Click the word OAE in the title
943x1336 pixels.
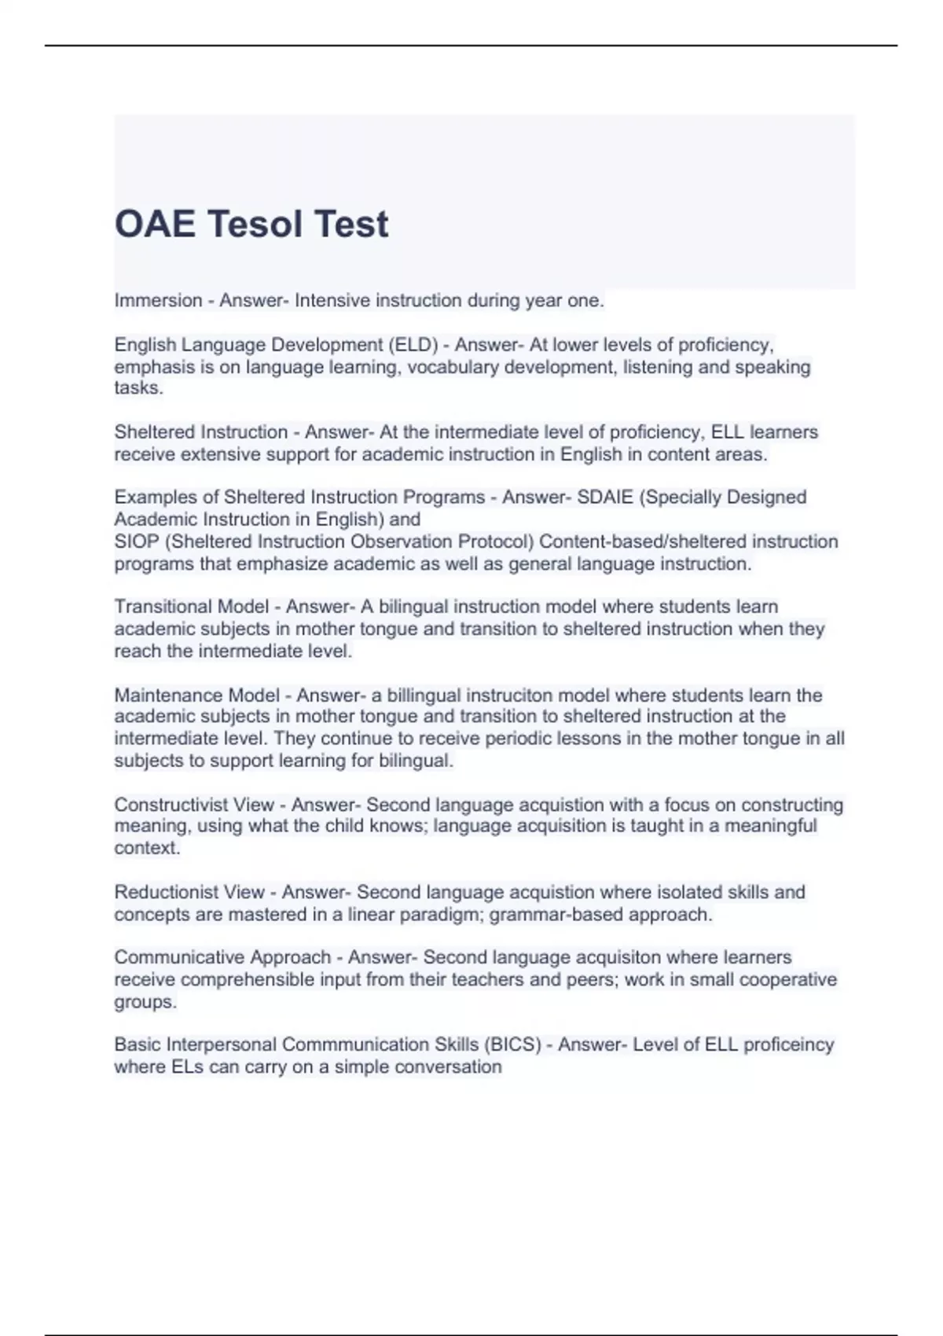[x=155, y=224]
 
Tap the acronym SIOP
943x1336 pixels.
[x=137, y=541]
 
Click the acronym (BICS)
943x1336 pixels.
[x=512, y=1044]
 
